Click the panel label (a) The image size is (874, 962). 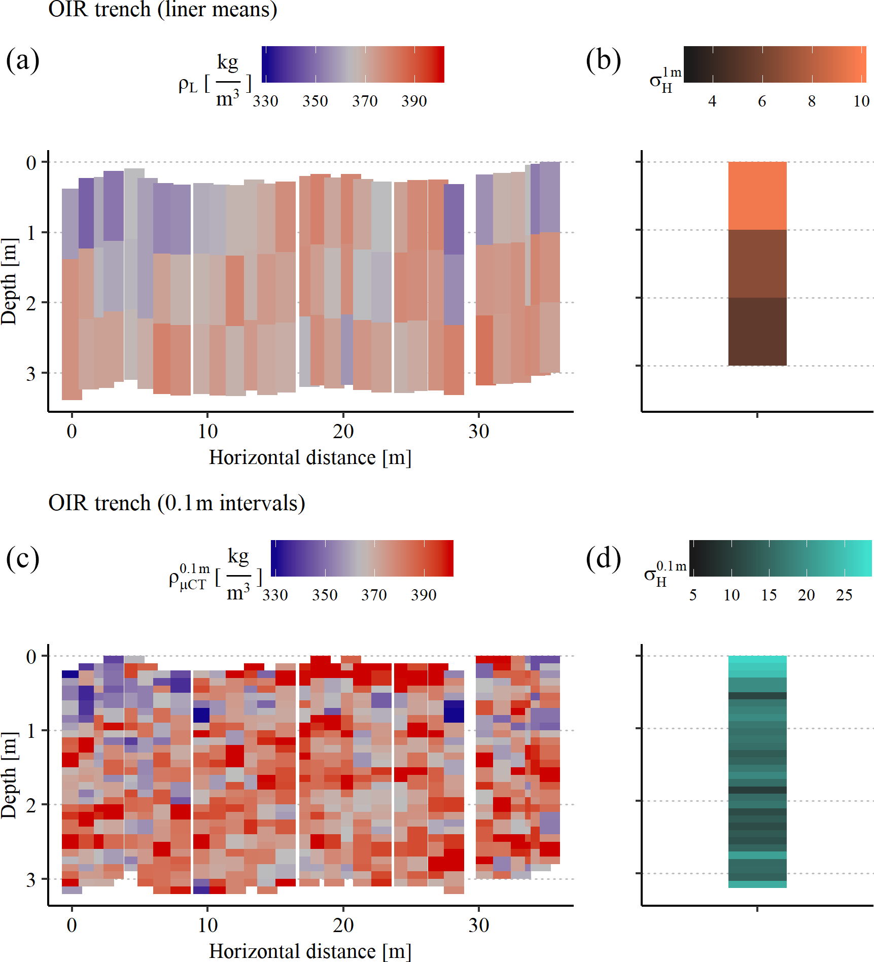click(x=22, y=60)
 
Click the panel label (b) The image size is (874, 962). click(x=603, y=60)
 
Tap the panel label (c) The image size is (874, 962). click(x=22, y=559)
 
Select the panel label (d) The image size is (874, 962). click(x=603, y=559)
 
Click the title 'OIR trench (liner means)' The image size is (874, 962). click(x=162, y=9)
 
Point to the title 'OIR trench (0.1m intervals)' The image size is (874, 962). click(x=177, y=503)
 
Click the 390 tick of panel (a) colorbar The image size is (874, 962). click(x=414, y=101)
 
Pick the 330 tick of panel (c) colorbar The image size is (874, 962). click(x=275, y=595)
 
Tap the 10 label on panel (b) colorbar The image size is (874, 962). click(x=861, y=101)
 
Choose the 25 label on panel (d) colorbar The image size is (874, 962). click(x=844, y=595)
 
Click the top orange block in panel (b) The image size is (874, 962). click(x=757, y=196)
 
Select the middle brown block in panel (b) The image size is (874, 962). click(x=757, y=264)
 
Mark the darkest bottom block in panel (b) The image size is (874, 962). click(x=757, y=332)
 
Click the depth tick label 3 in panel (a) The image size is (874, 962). click(x=31, y=374)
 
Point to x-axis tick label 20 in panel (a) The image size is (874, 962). click(x=343, y=432)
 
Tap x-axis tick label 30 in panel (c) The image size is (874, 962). click(x=478, y=925)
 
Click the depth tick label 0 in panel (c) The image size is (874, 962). click(x=31, y=657)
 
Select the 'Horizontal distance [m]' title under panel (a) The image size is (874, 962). click(x=310, y=457)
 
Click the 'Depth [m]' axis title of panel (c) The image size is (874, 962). click(x=9, y=776)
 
